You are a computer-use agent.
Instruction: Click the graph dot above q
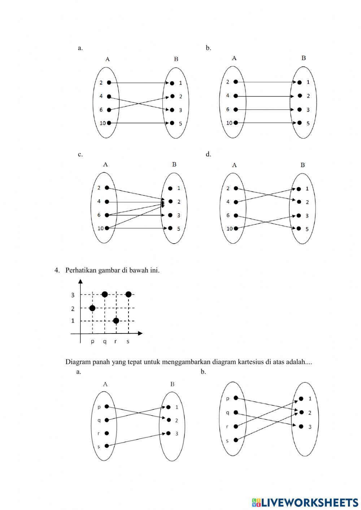tap(105, 294)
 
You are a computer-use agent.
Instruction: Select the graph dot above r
tap(116, 321)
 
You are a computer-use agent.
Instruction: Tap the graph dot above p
tap(92, 308)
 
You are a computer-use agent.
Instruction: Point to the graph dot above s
tap(129, 294)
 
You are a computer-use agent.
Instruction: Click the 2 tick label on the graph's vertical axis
tap(73, 309)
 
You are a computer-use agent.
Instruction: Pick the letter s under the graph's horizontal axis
tap(128, 341)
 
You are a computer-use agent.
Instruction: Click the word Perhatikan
tap(81, 270)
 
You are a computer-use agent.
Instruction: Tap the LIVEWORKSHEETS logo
tap(305, 502)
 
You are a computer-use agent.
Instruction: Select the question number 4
tap(57, 270)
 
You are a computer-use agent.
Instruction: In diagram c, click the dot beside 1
tap(170, 188)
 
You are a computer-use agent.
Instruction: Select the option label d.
tap(208, 154)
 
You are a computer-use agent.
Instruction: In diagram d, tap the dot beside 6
tap(236, 215)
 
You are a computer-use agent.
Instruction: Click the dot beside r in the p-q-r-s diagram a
tap(106, 433)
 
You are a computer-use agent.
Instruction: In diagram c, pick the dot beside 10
tap(107, 228)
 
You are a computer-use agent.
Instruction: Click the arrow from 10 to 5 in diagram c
tap(137, 228)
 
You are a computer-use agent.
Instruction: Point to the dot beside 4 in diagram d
tap(236, 202)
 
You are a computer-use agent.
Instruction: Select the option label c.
tap(80, 154)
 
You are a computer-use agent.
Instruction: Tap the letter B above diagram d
tap(303, 165)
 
